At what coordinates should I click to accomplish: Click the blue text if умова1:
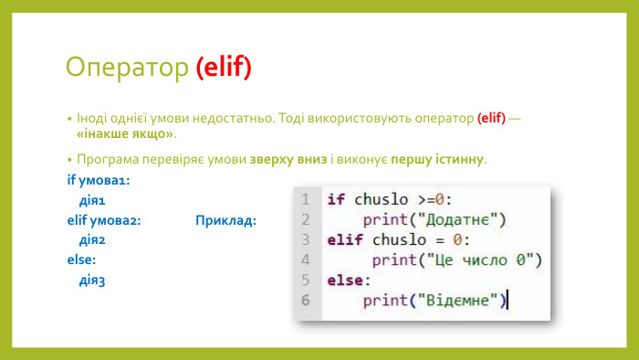92,180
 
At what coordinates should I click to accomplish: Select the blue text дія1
93,200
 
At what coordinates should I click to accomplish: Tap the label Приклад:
225,220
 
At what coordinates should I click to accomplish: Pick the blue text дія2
93,240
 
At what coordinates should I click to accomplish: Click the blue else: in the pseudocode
81,260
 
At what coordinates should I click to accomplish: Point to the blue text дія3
93,281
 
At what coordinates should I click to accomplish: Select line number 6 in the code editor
305,300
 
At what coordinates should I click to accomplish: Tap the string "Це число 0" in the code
478,259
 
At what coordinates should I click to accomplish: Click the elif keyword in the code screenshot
345,239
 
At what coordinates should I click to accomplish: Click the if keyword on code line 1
336,199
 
